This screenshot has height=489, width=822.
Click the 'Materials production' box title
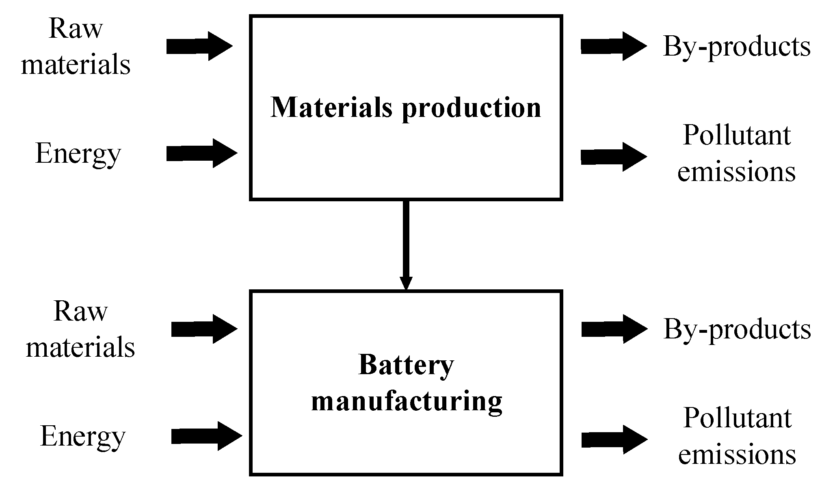tap(406, 108)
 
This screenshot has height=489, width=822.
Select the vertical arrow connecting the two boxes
tap(406, 243)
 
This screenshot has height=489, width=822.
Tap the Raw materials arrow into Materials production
tap(199, 46)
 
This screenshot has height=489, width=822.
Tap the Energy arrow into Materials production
tap(201, 153)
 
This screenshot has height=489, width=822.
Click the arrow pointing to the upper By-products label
tap(613, 46)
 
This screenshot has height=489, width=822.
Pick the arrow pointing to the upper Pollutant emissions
tap(613, 157)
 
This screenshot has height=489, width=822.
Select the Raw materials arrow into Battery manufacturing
tap(204, 329)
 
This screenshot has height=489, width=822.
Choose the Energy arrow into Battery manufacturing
tap(206, 436)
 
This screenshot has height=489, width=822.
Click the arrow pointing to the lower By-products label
tap(614, 329)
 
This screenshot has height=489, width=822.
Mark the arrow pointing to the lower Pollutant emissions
tap(614, 439)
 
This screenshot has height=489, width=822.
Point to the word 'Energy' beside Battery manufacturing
tap(83, 437)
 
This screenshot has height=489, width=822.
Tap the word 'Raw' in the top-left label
tap(76, 29)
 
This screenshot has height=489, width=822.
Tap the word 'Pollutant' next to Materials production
tap(737, 135)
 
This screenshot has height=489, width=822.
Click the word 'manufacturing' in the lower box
tap(407, 402)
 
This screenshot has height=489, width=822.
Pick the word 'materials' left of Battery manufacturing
tap(80, 348)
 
